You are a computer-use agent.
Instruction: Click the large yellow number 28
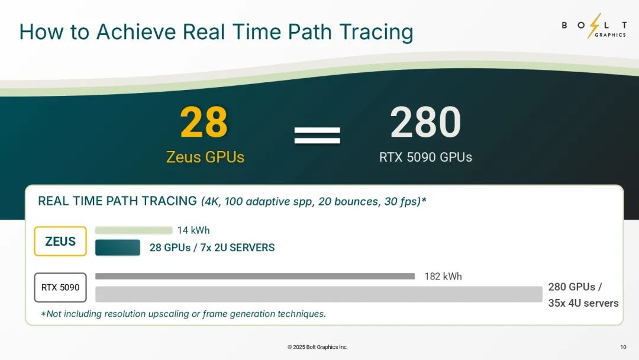pyautogui.click(x=204, y=122)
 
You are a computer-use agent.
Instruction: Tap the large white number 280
pyautogui.click(x=425, y=122)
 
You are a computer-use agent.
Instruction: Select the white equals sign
pyautogui.click(x=317, y=136)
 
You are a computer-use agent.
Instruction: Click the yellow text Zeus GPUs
pyautogui.click(x=205, y=157)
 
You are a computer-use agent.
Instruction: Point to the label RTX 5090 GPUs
pyautogui.click(x=425, y=157)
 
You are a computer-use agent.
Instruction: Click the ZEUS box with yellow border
pyautogui.click(x=60, y=242)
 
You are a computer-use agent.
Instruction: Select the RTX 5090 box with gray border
pyautogui.click(x=60, y=287)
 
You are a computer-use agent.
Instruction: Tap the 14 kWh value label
pyautogui.click(x=193, y=230)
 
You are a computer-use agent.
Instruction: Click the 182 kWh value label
pyautogui.click(x=443, y=277)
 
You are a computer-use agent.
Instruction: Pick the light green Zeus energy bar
pyautogui.click(x=134, y=230)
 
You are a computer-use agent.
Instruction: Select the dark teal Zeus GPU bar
pyautogui.click(x=118, y=247)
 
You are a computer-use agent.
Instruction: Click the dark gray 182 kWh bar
pyautogui.click(x=255, y=277)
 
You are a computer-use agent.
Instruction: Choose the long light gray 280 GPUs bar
pyautogui.click(x=319, y=294)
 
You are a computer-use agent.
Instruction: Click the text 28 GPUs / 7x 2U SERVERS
pyautogui.click(x=212, y=247)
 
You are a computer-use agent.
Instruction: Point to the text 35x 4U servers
pyautogui.click(x=583, y=303)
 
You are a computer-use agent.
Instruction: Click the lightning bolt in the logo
pyautogui.click(x=595, y=25)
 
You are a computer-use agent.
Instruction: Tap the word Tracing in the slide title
pyautogui.click(x=376, y=32)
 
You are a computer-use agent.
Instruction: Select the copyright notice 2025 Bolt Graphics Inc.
pyautogui.click(x=318, y=347)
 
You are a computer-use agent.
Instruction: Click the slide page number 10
pyautogui.click(x=623, y=347)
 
